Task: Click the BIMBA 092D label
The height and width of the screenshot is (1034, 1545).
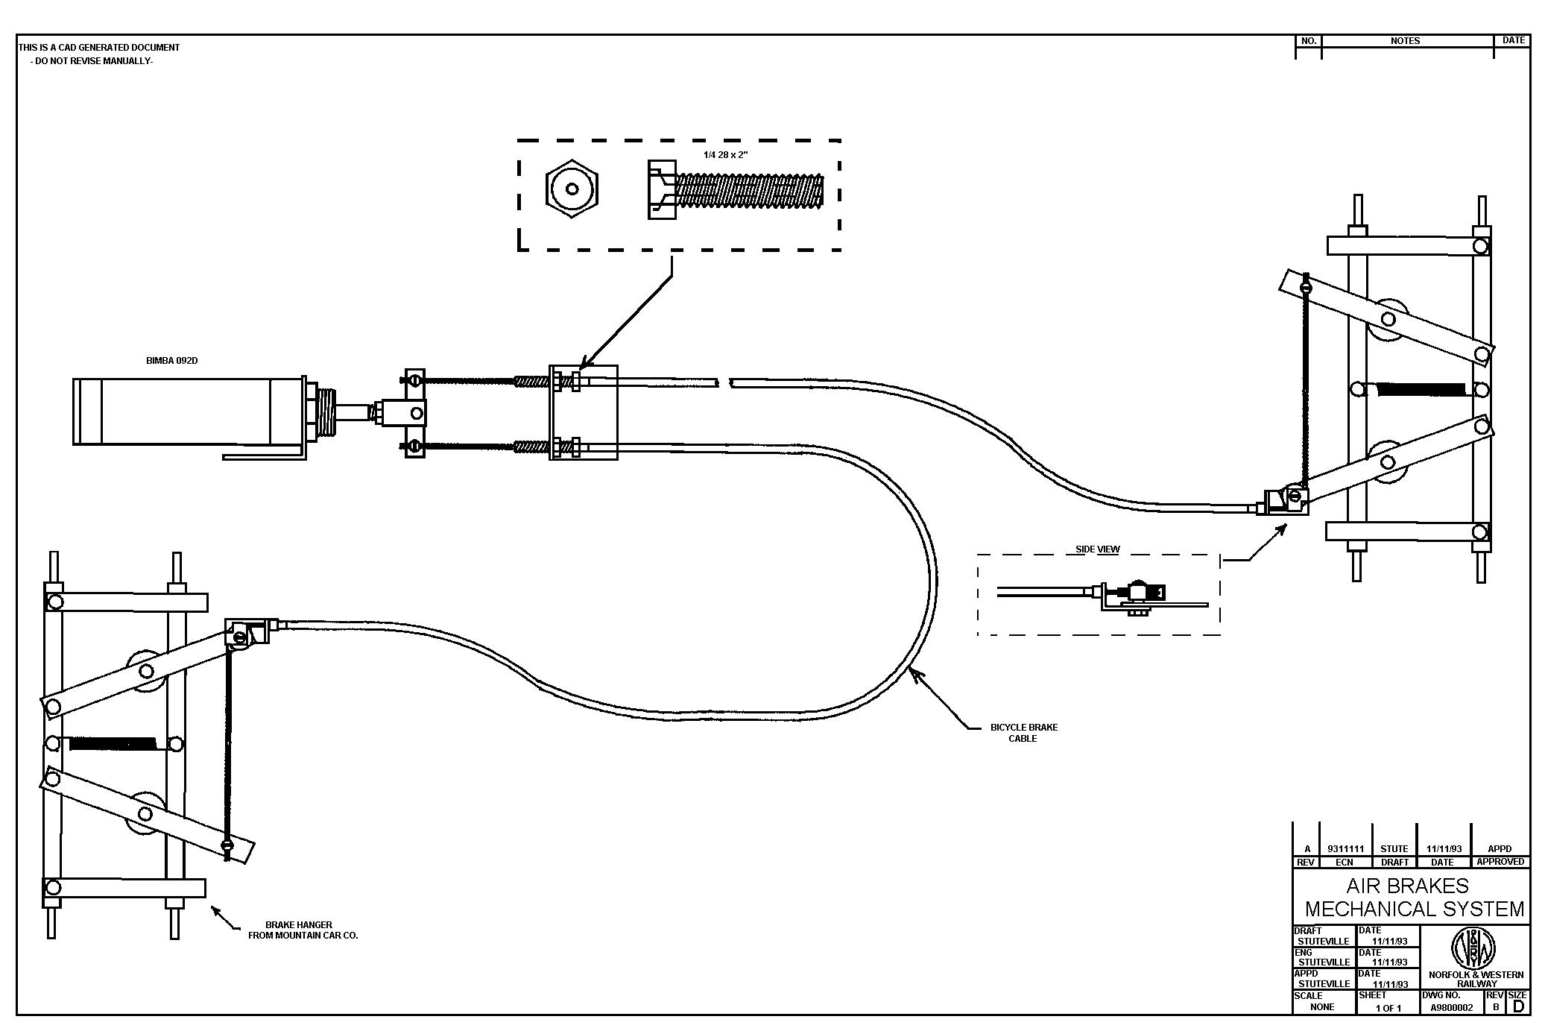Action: point(171,361)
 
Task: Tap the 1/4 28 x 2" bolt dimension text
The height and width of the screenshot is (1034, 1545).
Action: point(725,155)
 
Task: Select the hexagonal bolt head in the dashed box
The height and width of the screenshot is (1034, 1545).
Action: point(572,189)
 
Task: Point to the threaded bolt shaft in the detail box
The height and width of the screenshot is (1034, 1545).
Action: point(749,191)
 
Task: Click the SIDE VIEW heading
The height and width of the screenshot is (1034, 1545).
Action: point(1097,549)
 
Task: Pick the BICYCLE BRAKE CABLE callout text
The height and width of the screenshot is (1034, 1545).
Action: point(1023,733)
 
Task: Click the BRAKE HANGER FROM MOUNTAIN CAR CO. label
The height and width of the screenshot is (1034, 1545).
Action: point(303,930)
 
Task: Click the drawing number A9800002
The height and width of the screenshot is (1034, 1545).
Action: point(1451,1008)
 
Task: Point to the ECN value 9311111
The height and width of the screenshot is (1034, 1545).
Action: point(1345,849)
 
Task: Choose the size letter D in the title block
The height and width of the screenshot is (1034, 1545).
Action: point(1518,1007)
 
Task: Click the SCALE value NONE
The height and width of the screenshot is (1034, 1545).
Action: point(1321,1007)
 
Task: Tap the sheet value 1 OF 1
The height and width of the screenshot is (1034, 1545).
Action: point(1388,1009)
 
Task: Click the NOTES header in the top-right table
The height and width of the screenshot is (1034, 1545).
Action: point(1405,41)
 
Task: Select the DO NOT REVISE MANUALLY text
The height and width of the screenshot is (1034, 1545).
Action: point(92,61)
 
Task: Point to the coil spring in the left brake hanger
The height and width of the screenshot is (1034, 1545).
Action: point(112,743)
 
